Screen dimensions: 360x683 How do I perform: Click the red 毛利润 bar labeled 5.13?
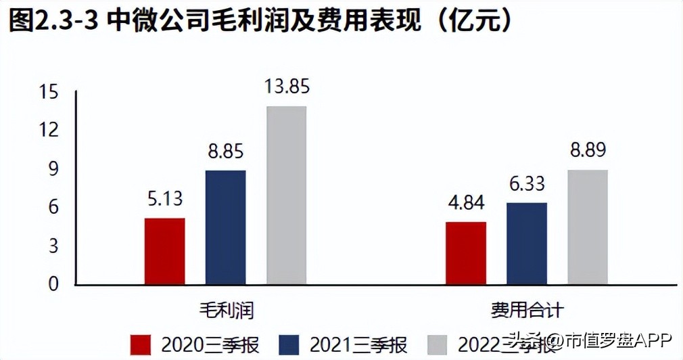(x=165, y=251)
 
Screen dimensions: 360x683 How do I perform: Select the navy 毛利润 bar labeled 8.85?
(x=225, y=227)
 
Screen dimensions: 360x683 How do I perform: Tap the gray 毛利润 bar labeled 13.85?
(x=286, y=195)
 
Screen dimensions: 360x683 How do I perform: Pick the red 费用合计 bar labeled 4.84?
(x=466, y=253)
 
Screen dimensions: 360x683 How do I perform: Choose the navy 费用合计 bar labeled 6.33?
(x=526, y=244)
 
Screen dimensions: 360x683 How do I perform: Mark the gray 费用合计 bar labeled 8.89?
(x=587, y=227)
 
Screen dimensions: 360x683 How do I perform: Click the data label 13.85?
(x=286, y=87)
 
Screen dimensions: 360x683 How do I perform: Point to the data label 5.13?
(x=165, y=200)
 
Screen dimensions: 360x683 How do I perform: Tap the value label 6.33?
(x=526, y=184)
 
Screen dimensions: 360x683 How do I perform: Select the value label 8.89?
(x=587, y=151)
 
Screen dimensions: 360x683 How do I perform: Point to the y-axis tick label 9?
(x=54, y=169)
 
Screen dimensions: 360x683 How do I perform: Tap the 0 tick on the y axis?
(x=54, y=284)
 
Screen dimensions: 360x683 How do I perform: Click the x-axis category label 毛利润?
(x=225, y=311)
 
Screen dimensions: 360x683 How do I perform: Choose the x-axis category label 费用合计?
(x=527, y=311)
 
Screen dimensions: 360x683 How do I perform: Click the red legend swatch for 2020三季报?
(x=141, y=344)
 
